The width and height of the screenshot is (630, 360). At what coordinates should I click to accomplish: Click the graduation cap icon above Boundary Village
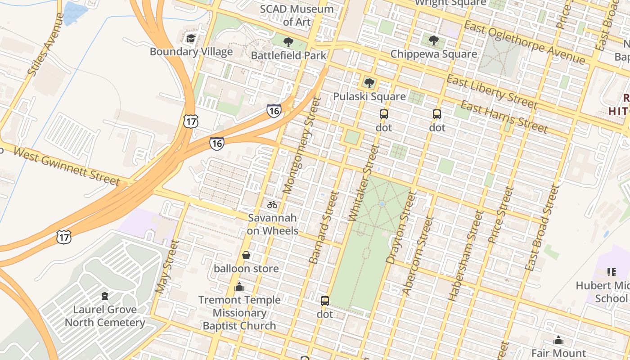pos(191,38)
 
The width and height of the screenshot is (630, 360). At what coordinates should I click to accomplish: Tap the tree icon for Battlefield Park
pos(288,43)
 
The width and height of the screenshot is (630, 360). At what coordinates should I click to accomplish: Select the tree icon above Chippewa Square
pos(434,41)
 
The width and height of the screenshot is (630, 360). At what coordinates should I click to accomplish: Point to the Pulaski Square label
pos(369,96)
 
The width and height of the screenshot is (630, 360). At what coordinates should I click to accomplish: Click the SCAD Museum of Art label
pos(297,15)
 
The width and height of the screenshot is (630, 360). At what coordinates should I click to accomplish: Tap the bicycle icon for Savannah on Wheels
pos(272,205)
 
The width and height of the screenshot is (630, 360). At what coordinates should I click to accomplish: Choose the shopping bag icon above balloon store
pos(246,256)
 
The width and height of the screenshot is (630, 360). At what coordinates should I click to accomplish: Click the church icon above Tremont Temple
pos(239,287)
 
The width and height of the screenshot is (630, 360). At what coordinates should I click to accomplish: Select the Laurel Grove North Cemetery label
pos(105,316)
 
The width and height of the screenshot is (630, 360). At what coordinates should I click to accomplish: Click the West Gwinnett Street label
pos(67,166)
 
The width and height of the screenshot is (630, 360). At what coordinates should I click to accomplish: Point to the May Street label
pos(167,266)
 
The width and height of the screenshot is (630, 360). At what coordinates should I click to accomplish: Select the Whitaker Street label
pos(364,183)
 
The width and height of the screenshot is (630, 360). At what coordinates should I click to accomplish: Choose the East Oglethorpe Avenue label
pos(524,42)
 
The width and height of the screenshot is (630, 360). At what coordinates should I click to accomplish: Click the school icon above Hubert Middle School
pos(611,272)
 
